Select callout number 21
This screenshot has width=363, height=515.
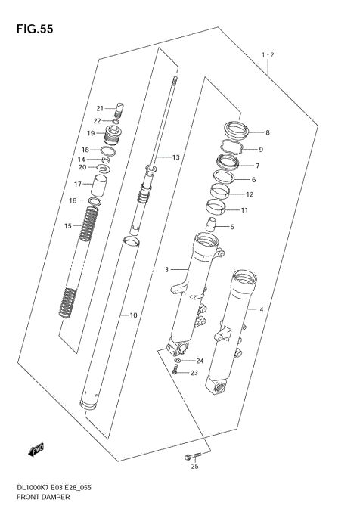pyautogui.click(x=99, y=107)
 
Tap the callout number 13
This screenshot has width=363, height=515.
pyautogui.click(x=175, y=158)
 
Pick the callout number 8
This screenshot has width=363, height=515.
pyautogui.click(x=267, y=132)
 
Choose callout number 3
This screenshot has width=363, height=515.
pyautogui.click(x=167, y=268)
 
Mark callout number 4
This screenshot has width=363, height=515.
pyautogui.click(x=261, y=309)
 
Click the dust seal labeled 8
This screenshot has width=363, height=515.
pyautogui.click(x=236, y=129)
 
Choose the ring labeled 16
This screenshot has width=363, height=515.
pyautogui.click(x=96, y=200)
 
